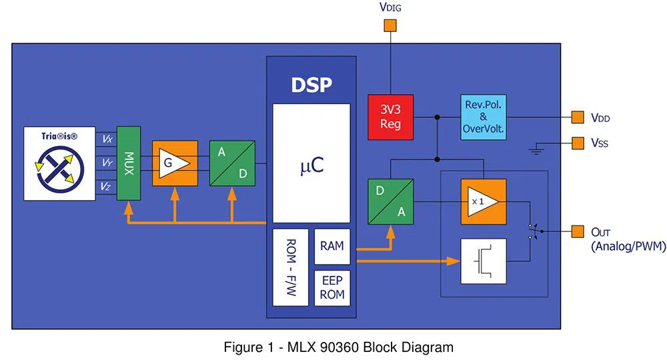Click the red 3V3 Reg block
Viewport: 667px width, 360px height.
pos(390,117)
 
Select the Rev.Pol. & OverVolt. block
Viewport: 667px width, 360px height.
pos(484,117)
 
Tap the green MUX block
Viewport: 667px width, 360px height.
pos(128,162)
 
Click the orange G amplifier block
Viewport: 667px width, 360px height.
pos(175,163)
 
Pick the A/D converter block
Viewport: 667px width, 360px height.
pos(232,163)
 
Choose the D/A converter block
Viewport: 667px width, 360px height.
pos(390,201)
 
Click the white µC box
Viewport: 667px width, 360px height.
pos(311,163)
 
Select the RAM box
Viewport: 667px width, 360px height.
pos(331,247)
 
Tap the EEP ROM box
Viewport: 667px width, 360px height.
pos(331,287)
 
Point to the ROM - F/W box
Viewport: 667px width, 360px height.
pos(290,267)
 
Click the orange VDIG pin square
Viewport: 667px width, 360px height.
pos(390,27)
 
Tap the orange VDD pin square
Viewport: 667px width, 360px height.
pos(578,118)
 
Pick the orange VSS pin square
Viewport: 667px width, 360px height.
pos(578,142)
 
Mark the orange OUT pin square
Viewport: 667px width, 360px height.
pos(578,231)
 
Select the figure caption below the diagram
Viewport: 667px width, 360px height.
pos(338,347)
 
